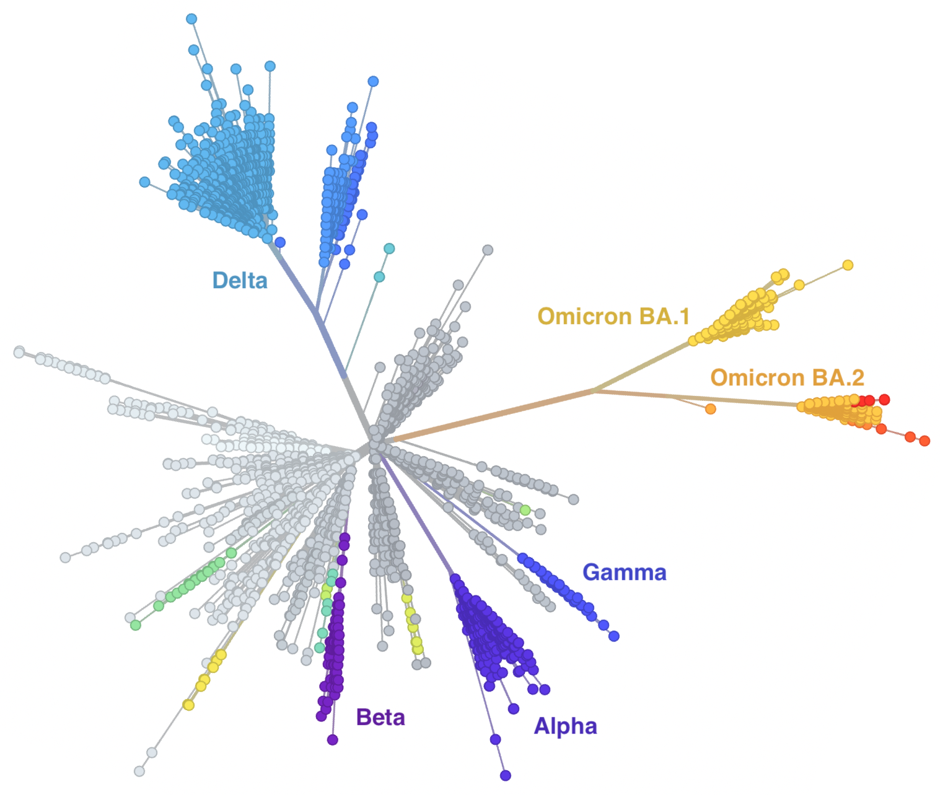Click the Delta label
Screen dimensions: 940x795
pyautogui.click(x=240, y=280)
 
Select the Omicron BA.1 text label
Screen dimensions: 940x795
pyautogui.click(x=613, y=316)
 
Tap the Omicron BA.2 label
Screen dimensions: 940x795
pyautogui.click(x=787, y=377)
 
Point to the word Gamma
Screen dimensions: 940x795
pyautogui.click(x=625, y=572)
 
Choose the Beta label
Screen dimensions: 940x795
pyautogui.click(x=380, y=718)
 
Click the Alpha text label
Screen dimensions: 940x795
pyautogui.click(x=565, y=726)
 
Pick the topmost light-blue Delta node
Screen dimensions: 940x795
pyautogui.click(x=191, y=19)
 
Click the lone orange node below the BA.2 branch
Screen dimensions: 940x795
pyautogui.click(x=710, y=409)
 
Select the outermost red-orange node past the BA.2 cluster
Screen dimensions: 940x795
pyautogui.click(x=925, y=441)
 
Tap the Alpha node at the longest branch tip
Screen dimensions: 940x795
pyautogui.click(x=505, y=775)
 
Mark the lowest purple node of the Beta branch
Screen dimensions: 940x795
pyautogui.click(x=332, y=740)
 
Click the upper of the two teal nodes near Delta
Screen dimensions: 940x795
pyautogui.click(x=389, y=248)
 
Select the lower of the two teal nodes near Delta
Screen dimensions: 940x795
pyautogui.click(x=379, y=276)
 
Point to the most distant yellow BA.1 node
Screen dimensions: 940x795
pyautogui.click(x=848, y=265)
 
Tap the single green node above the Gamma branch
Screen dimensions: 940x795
pyautogui.click(x=525, y=510)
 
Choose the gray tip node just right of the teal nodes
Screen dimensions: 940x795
pyautogui.click(x=488, y=250)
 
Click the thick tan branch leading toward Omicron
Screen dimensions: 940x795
pyautogui.click(x=491, y=415)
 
